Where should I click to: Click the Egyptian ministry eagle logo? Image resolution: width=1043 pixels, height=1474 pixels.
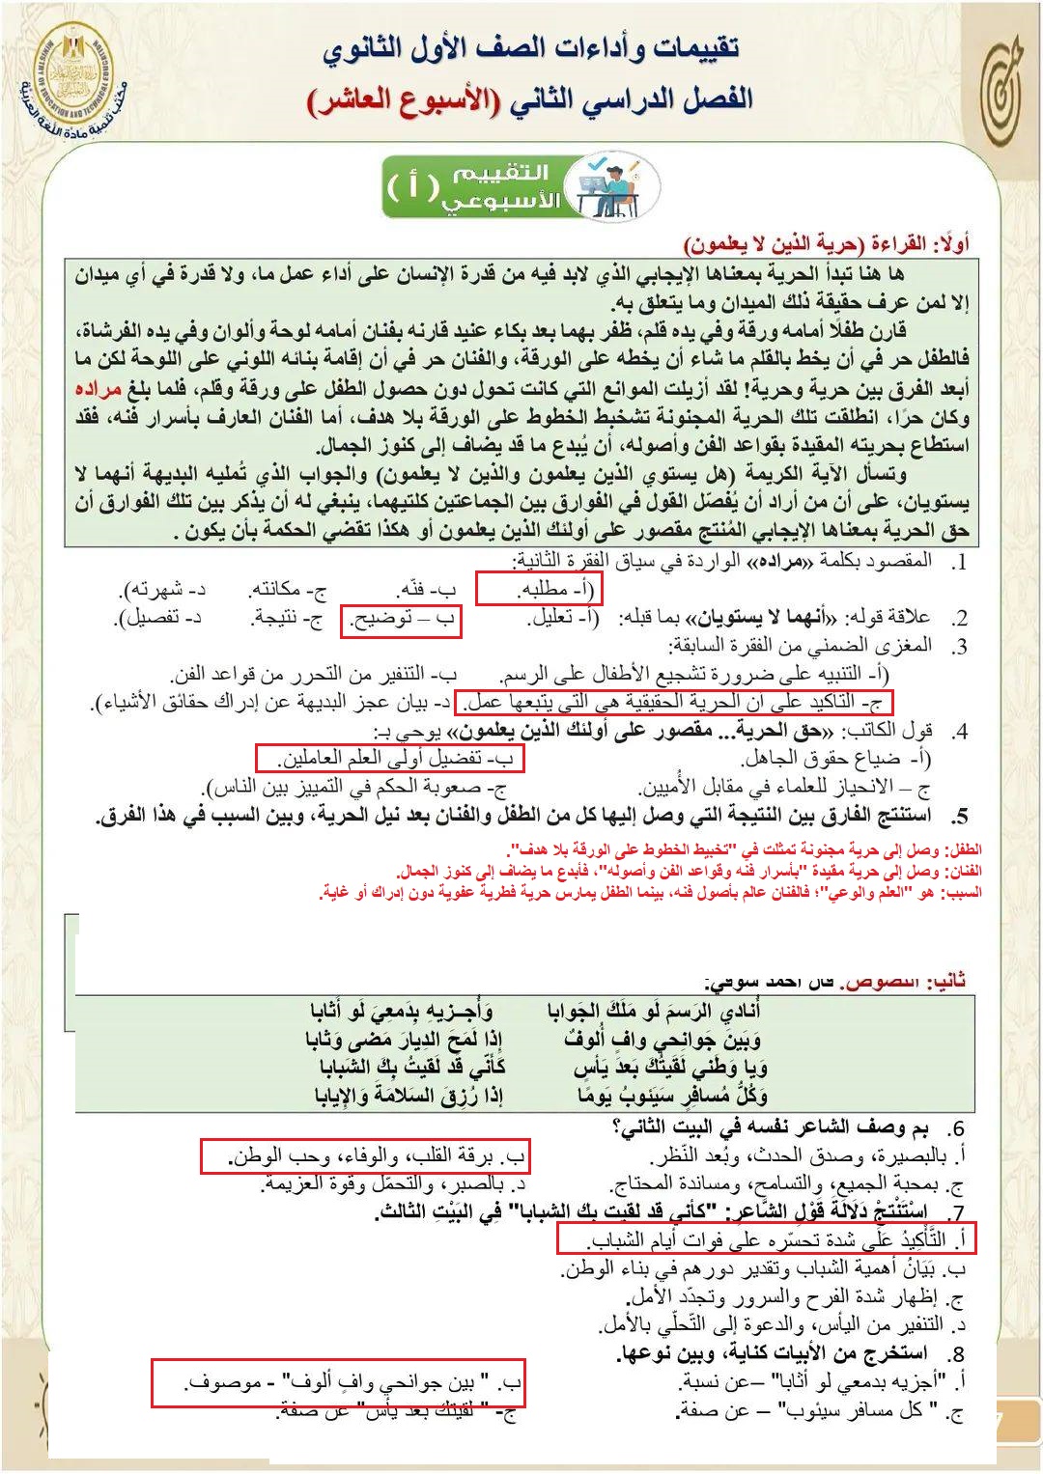tap(73, 74)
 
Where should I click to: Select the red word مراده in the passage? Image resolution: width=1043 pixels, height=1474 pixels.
tap(99, 389)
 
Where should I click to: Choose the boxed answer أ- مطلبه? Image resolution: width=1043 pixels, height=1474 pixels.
tap(538, 588)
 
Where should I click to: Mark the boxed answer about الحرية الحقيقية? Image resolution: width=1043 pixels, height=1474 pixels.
tap(673, 702)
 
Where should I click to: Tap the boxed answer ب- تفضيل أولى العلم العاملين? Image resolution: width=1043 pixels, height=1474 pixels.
tap(389, 758)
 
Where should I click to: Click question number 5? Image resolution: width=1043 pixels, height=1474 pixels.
tap(959, 818)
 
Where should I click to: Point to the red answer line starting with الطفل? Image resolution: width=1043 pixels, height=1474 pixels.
tap(744, 849)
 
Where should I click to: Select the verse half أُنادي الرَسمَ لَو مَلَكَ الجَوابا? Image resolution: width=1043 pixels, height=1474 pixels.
tap(654, 1011)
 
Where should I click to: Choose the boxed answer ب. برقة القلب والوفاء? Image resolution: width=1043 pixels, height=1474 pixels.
tap(365, 1155)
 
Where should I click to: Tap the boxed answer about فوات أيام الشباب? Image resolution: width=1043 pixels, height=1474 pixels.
tap(766, 1238)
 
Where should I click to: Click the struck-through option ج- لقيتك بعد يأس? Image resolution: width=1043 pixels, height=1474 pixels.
tap(397, 1411)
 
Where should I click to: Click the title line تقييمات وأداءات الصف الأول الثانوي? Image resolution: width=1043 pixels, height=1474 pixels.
tap(530, 48)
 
